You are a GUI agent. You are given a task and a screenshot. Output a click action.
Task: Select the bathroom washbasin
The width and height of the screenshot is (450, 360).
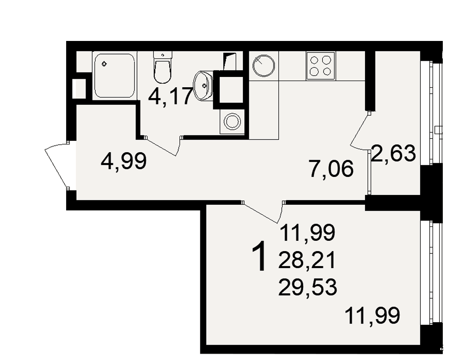click(x=203, y=85)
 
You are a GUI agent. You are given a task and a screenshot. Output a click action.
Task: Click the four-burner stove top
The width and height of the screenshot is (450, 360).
click(x=320, y=65)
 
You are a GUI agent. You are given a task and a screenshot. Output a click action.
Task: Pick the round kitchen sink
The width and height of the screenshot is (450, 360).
click(x=263, y=65)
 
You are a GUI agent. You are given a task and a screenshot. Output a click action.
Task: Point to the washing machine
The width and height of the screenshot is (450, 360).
click(x=232, y=121)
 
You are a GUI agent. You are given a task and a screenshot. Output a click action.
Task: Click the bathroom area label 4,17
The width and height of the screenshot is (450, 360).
click(x=170, y=96)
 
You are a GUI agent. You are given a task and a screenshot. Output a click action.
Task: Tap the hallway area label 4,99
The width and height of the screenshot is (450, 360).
click(x=124, y=162)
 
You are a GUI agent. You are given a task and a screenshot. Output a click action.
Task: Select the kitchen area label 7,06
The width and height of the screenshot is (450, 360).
click(x=331, y=169)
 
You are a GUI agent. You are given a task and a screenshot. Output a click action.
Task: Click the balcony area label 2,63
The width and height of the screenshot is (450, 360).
click(x=393, y=153)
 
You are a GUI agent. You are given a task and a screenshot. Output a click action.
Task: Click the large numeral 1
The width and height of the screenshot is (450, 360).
click(x=259, y=256)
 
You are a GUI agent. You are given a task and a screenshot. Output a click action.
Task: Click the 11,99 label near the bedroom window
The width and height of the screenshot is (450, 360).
click(x=372, y=315)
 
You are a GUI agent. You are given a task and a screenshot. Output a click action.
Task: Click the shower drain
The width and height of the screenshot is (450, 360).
click(x=104, y=64)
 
